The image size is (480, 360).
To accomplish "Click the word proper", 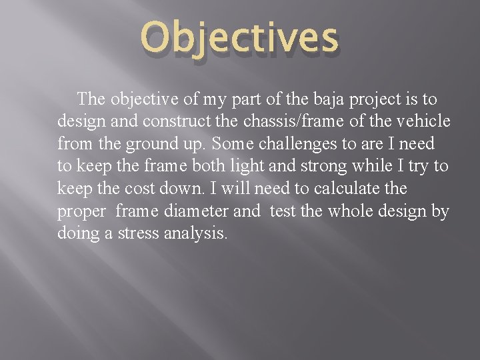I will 81,212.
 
